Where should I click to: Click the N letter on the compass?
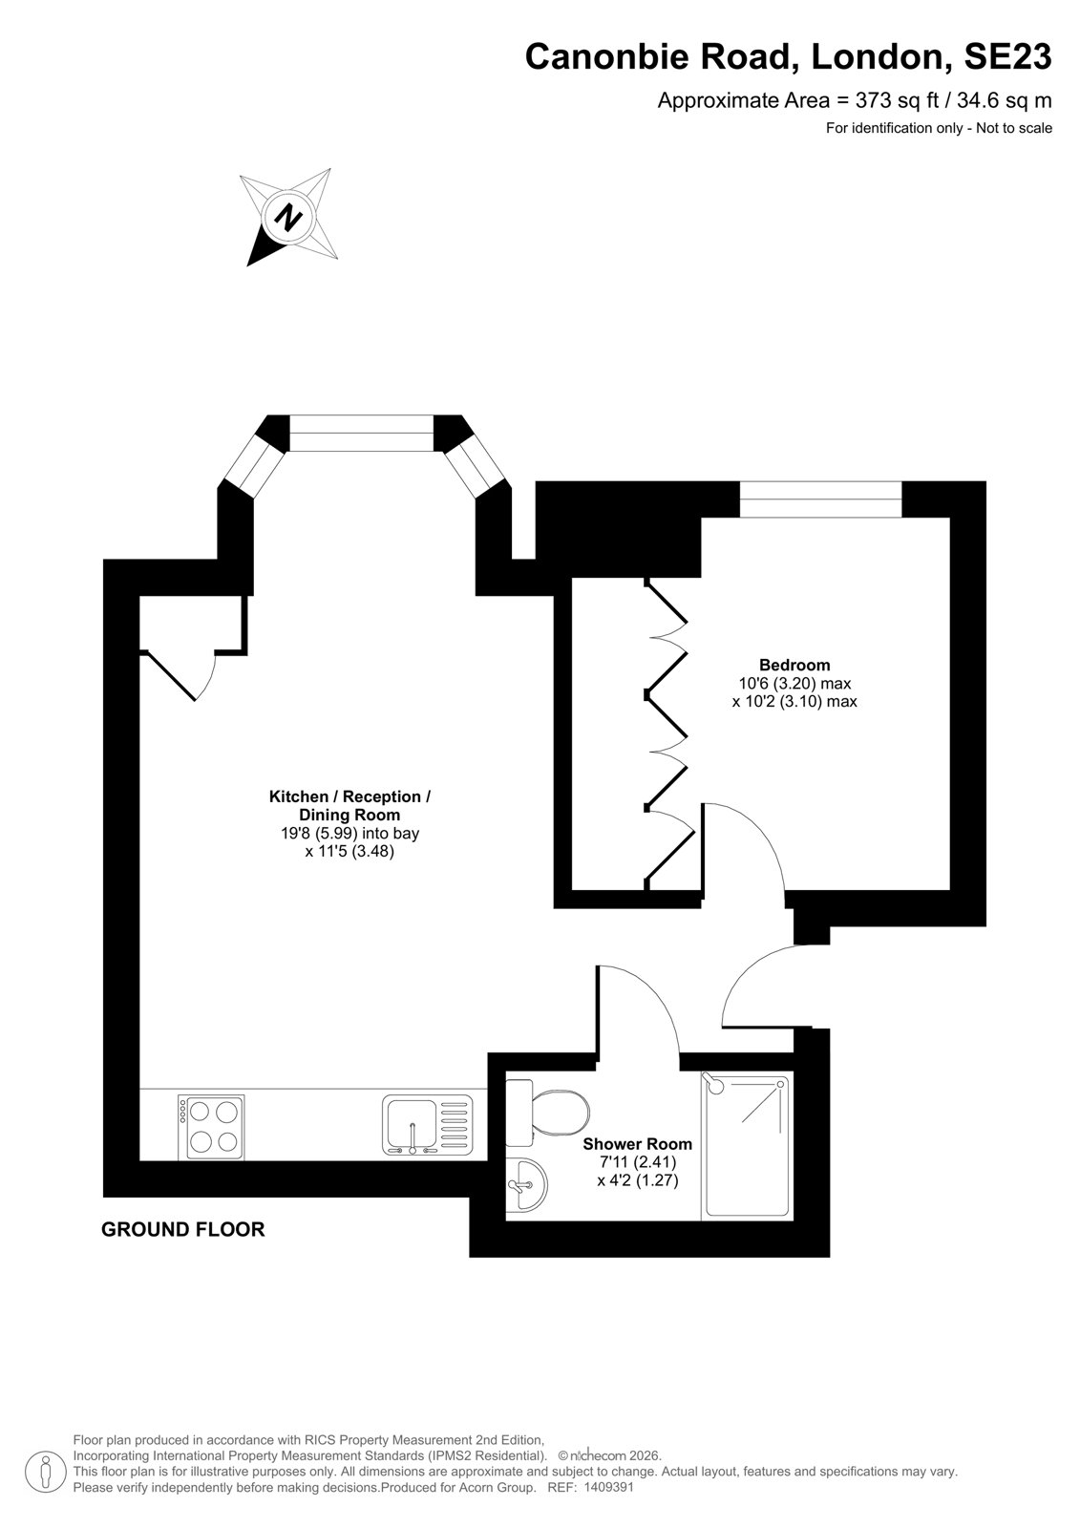pyautogui.click(x=288, y=217)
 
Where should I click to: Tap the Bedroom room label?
pyautogui.click(x=794, y=665)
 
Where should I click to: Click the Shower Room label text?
pyautogui.click(x=637, y=1144)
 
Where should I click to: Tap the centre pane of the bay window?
pyautogui.click(x=362, y=433)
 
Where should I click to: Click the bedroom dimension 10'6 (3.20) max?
pyautogui.click(x=794, y=683)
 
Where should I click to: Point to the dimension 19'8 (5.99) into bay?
pyautogui.click(x=350, y=833)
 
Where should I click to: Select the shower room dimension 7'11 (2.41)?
pyautogui.click(x=637, y=1161)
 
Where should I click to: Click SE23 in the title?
pyautogui.click(x=1007, y=56)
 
